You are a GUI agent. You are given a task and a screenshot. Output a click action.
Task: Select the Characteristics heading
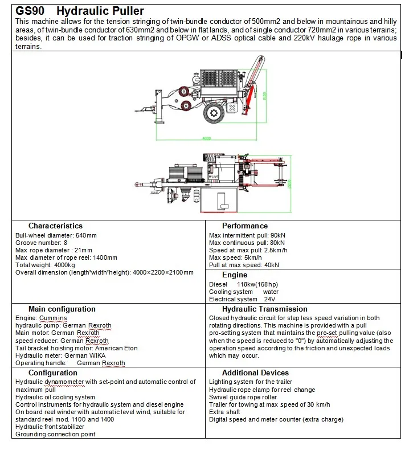[x=55, y=226]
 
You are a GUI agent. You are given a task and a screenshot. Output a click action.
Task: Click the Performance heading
[x=244, y=226]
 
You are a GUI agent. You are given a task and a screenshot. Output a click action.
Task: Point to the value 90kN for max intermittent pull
[x=276, y=235]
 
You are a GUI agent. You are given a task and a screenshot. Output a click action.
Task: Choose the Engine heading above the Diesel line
[x=235, y=275]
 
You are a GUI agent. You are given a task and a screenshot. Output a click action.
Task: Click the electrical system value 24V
[x=269, y=299]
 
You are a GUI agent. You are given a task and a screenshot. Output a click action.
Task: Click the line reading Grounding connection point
[x=55, y=434]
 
